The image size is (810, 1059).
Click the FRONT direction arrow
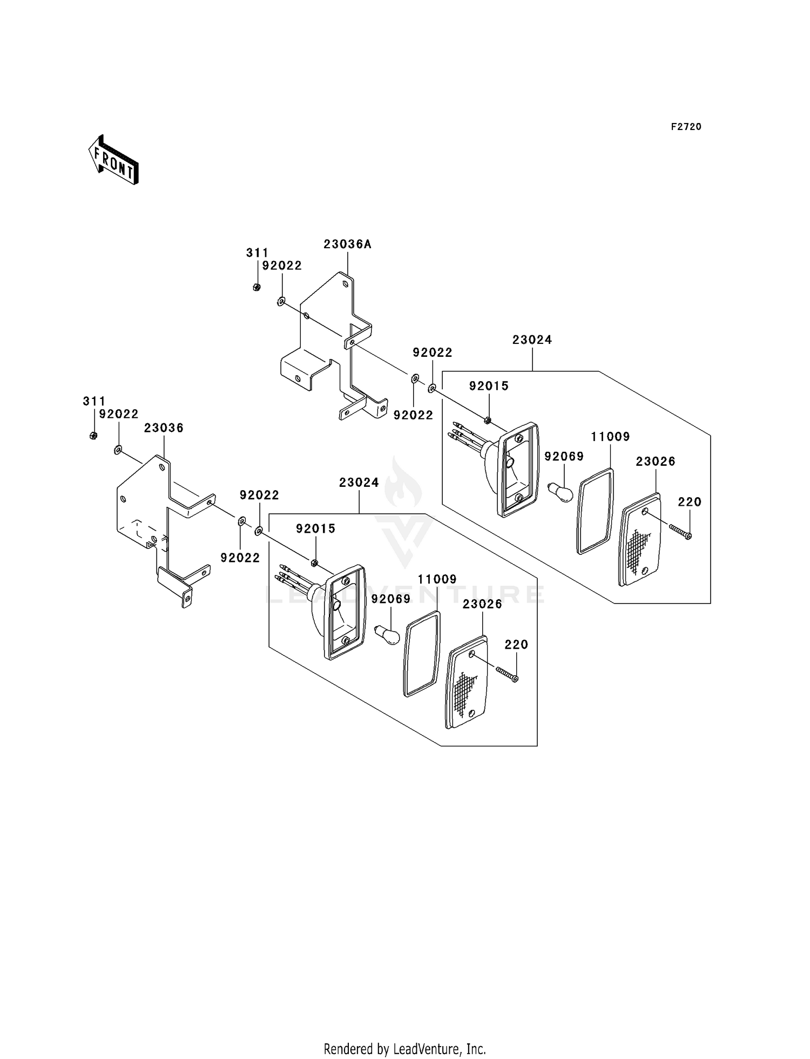[113, 159]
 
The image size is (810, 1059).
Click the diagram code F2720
[686, 127]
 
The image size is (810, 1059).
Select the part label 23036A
[348, 245]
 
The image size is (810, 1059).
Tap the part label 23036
[164, 428]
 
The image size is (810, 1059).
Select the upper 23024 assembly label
[532, 340]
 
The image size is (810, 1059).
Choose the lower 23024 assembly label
[359, 483]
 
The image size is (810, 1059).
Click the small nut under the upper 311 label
[256, 287]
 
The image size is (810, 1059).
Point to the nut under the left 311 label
[93, 436]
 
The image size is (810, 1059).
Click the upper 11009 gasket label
[610, 437]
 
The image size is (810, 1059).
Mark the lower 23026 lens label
[482, 604]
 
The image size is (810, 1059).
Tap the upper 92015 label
[489, 386]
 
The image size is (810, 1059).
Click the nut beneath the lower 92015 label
[314, 564]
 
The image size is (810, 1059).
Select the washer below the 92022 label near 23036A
[281, 301]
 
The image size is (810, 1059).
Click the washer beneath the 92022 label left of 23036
[118, 450]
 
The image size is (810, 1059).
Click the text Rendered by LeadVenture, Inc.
[405, 1049]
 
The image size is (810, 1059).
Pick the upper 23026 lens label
[656, 461]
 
